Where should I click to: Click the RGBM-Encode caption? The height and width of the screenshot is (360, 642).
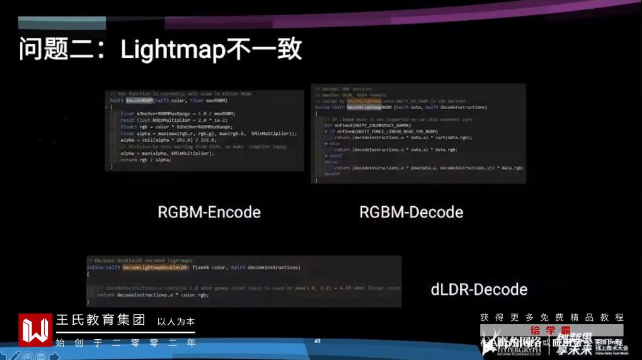point(209,212)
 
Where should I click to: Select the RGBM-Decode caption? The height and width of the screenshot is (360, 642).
point(411,212)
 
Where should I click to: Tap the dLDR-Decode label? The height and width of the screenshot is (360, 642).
point(479,289)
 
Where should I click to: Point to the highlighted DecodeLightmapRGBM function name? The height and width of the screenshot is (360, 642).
point(371,107)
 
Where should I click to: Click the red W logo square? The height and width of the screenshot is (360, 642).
point(35,330)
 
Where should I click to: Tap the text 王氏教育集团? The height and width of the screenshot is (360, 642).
point(101,320)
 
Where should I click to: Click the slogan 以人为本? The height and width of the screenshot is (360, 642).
point(176,322)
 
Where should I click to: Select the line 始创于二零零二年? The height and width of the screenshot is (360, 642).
point(125,343)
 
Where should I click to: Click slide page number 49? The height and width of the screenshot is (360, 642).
point(317,341)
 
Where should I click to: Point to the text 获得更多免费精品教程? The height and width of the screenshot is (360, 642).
point(551,317)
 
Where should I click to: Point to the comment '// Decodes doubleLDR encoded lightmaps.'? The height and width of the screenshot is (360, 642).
point(140,260)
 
